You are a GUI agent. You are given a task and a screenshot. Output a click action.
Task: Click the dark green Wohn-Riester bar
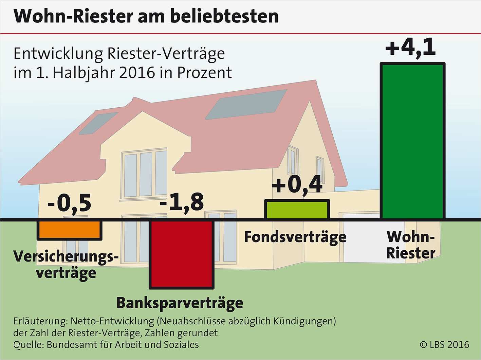point(412,141)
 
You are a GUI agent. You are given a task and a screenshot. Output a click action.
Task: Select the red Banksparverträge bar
point(182,254)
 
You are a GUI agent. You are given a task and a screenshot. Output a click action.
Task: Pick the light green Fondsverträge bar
point(297,210)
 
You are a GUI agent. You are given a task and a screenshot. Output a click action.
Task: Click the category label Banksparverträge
point(180,303)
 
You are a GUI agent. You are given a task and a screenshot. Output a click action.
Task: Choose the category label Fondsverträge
point(295,237)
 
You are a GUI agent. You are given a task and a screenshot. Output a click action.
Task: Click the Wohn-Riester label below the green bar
point(411,245)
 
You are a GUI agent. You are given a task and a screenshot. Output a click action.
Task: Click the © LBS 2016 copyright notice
point(444,345)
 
